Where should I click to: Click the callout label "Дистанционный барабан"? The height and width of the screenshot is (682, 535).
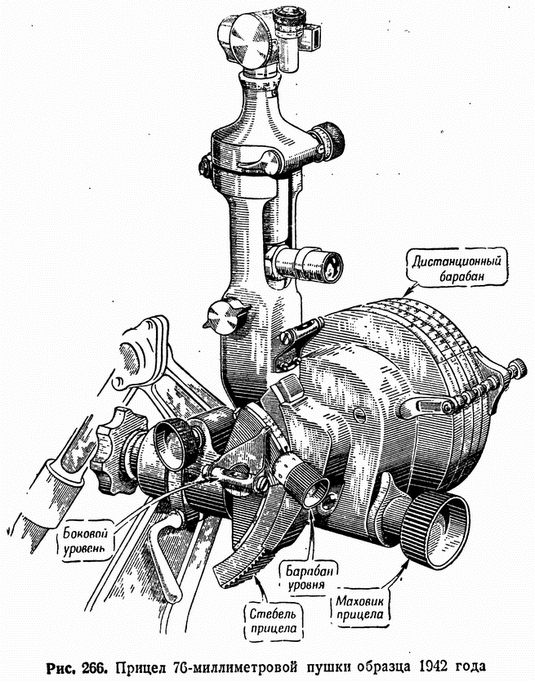(457, 269)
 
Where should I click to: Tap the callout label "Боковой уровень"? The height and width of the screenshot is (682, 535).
(85, 540)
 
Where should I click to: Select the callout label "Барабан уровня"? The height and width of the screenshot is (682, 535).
(306, 577)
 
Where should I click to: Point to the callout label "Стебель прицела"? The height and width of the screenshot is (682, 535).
(273, 620)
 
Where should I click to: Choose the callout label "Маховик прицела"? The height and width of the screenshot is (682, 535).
(359, 608)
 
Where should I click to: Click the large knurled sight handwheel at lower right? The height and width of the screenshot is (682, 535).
(435, 531)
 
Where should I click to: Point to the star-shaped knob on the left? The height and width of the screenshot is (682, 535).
(112, 451)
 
